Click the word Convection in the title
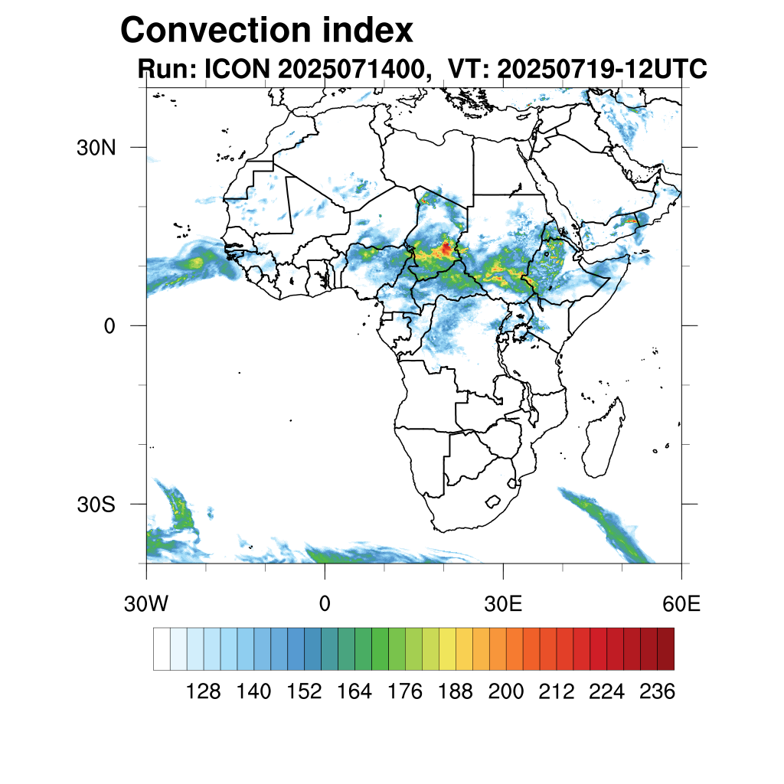pyautogui.click(x=210, y=31)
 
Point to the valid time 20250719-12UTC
pyautogui.click(x=601, y=70)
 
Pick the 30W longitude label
pyautogui.click(x=145, y=604)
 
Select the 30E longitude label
pyautogui.click(x=503, y=604)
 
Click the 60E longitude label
pyautogui.click(x=681, y=604)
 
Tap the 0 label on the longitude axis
pyautogui.click(x=325, y=604)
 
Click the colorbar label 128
pyautogui.click(x=204, y=692)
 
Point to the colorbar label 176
pyautogui.click(x=405, y=692)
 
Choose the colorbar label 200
pyautogui.click(x=506, y=692)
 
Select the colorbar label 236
pyautogui.click(x=657, y=692)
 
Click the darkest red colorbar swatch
pyautogui.click(x=665, y=648)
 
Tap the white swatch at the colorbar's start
pyautogui.click(x=162, y=648)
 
